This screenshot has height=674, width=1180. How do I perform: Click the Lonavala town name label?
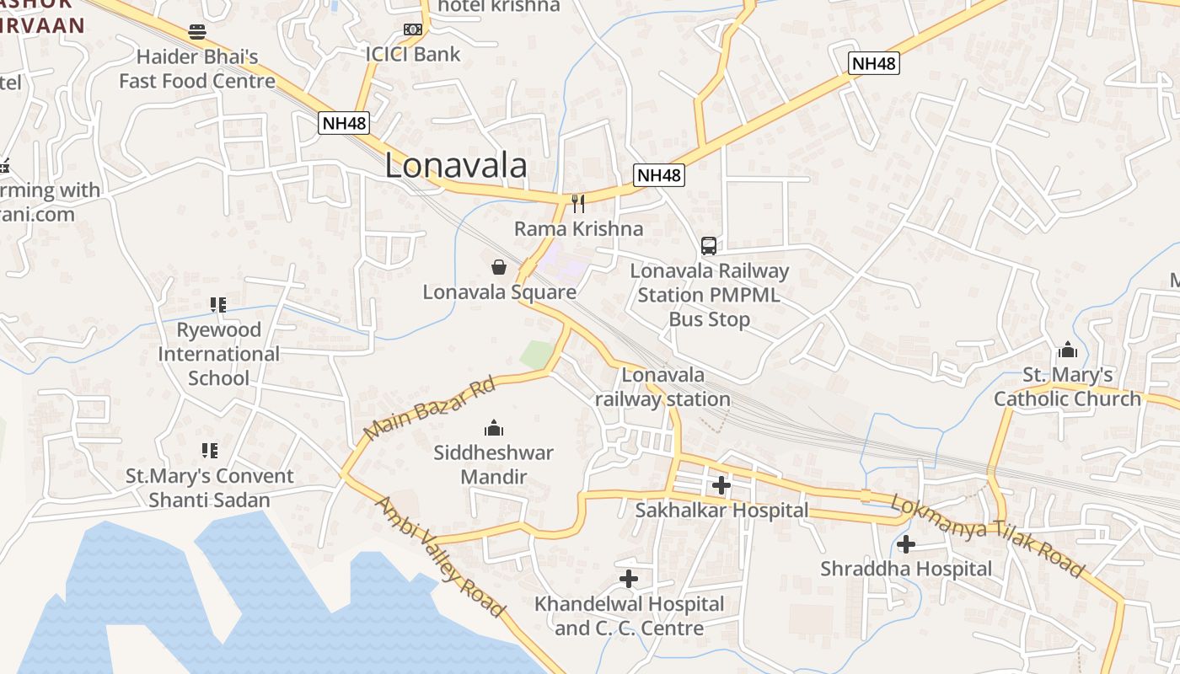[x=456, y=166]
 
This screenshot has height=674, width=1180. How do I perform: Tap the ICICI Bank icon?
[x=412, y=29]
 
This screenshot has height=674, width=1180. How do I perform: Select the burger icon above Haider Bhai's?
[x=197, y=33]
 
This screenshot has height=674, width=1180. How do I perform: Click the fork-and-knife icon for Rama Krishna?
[x=578, y=204]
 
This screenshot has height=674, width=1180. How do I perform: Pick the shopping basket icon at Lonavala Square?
[x=499, y=268]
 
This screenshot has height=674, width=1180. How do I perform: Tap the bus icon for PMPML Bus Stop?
[x=709, y=246]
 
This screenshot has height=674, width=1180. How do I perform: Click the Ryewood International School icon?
[x=218, y=305]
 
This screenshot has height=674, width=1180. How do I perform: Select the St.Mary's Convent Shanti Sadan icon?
[x=209, y=451]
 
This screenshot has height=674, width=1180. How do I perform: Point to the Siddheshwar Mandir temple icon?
[x=494, y=428]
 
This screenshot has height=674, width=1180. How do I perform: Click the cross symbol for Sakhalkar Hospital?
[x=721, y=485]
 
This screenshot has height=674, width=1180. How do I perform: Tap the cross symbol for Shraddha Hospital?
[x=906, y=544]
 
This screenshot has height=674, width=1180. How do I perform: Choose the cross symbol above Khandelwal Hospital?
[x=629, y=579]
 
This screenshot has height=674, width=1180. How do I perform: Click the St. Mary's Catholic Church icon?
[x=1068, y=350]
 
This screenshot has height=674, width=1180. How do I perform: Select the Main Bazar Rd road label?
[x=429, y=409]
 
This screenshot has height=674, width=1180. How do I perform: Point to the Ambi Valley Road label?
[x=439, y=556]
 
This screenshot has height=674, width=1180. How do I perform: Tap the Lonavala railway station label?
[x=663, y=387]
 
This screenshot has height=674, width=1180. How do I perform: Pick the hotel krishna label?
[x=499, y=6]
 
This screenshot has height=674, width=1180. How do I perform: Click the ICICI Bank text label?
[x=413, y=55]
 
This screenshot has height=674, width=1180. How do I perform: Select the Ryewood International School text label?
[x=218, y=354]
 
